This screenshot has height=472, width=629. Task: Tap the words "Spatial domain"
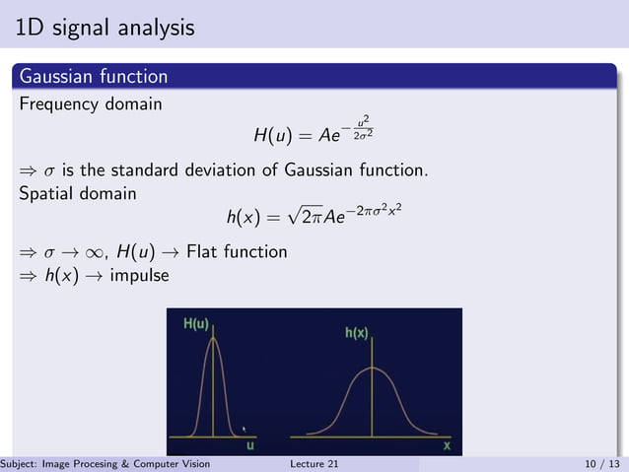tap(78, 193)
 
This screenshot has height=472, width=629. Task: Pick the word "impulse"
tap(139, 275)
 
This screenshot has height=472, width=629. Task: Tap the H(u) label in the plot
tap(196, 324)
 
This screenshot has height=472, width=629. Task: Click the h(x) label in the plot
tap(356, 333)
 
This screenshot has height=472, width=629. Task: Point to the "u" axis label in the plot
tap(249, 444)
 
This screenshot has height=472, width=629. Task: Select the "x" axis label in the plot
tap(447, 444)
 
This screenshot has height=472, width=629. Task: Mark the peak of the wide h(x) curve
tap(371, 368)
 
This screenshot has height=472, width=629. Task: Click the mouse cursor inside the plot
tap(245, 429)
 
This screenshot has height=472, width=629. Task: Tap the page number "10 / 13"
tap(602, 464)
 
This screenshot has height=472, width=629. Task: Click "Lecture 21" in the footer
tap(314, 464)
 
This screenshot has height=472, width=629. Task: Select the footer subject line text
tap(105, 464)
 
